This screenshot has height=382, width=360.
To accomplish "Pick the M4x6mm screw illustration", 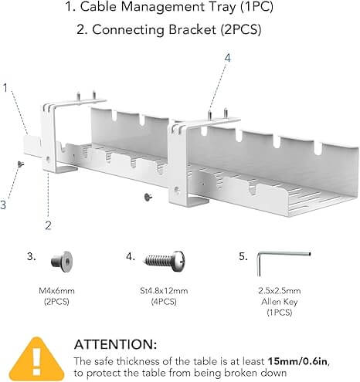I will pos(64,262).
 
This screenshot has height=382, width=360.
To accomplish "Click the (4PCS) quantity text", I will pos(166,302).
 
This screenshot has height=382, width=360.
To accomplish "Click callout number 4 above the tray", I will pos(227,56).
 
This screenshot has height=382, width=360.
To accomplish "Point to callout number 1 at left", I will pos(6,87).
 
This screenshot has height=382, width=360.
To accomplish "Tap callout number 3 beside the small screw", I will pos(4,205).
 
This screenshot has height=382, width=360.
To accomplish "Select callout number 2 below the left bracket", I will pos(47,225).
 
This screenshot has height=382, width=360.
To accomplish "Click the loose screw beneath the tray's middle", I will pos(147,198).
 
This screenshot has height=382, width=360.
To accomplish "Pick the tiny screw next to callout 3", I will pos(20,164).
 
